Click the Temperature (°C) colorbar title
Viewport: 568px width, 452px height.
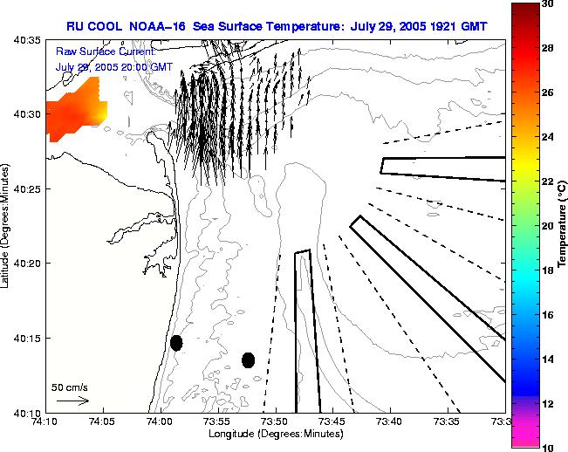pyautogui.click(x=563, y=225)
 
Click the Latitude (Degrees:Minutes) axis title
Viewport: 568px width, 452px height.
pyautogui.click(x=7, y=225)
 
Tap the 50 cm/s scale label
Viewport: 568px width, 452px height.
pyautogui.click(x=70, y=387)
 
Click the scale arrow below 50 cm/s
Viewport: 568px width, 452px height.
pyautogui.click(x=72, y=401)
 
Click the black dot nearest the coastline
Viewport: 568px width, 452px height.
pyautogui.click(x=176, y=343)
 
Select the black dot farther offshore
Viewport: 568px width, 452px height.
pyautogui.click(x=248, y=360)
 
